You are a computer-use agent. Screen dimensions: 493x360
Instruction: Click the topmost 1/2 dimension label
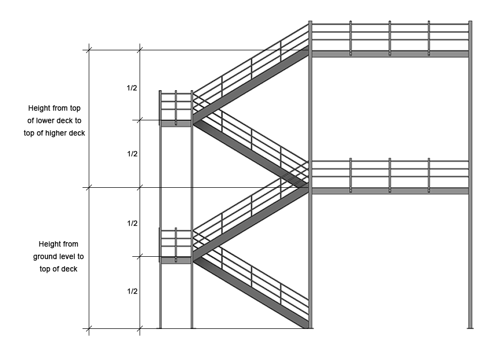click(132, 88)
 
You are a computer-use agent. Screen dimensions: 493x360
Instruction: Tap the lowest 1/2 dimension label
click(132, 292)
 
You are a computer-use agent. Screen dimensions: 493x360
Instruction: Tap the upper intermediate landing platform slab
click(176, 123)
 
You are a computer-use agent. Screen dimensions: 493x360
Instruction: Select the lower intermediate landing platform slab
click(176, 260)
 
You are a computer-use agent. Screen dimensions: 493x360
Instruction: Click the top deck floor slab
click(390, 54)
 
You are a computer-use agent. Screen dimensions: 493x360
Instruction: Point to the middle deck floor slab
click(390, 191)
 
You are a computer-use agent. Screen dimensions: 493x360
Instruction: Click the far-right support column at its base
click(470, 327)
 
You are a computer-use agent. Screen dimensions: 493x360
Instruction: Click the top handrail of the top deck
click(390, 24)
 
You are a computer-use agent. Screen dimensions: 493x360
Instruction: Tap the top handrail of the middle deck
click(390, 161)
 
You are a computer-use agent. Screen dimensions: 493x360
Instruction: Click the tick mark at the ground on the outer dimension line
click(89, 329)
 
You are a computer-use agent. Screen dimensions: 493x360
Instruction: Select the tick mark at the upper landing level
click(140, 120)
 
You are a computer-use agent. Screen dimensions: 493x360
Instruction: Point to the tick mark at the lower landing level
click(140, 257)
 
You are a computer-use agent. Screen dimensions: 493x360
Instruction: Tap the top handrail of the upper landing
click(176, 93)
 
